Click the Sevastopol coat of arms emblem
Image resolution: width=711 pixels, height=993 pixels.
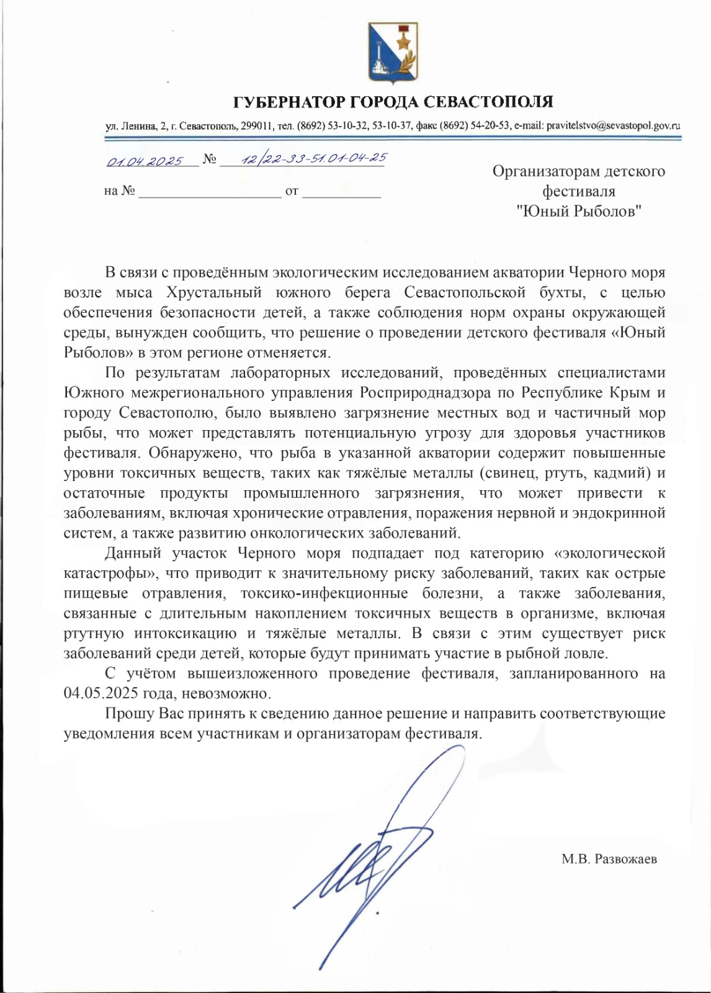pos(393,54)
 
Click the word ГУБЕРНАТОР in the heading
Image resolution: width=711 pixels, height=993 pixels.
pos(288,102)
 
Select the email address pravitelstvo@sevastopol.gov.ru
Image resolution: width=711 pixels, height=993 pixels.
pos(613,125)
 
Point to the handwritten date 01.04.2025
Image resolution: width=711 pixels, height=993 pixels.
pos(144,161)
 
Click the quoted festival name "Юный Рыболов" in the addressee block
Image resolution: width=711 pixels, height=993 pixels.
pos(578,212)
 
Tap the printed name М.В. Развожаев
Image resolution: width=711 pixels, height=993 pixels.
pos(609,860)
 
